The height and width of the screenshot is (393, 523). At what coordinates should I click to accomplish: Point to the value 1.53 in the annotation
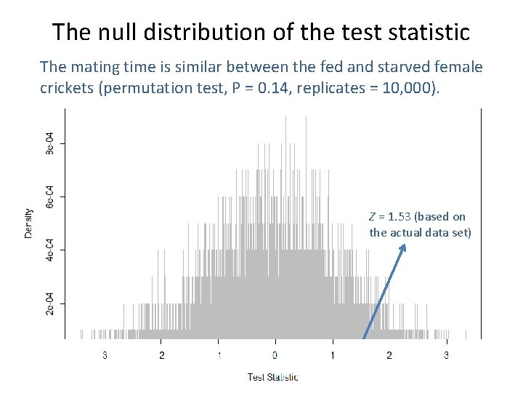(400, 217)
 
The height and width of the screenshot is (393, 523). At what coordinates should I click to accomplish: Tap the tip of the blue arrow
(404, 245)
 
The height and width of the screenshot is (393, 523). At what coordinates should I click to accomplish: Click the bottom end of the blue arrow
(364, 338)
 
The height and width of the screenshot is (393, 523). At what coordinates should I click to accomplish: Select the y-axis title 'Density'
(28, 223)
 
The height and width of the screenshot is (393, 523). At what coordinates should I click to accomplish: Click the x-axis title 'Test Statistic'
(272, 377)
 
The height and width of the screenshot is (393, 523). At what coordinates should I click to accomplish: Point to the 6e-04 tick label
(49, 196)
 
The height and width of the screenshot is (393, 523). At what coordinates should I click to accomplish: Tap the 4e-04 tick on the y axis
(49, 250)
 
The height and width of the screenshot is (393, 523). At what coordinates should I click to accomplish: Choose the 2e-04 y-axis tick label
(49, 303)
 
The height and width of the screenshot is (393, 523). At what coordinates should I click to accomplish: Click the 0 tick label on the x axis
(275, 355)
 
